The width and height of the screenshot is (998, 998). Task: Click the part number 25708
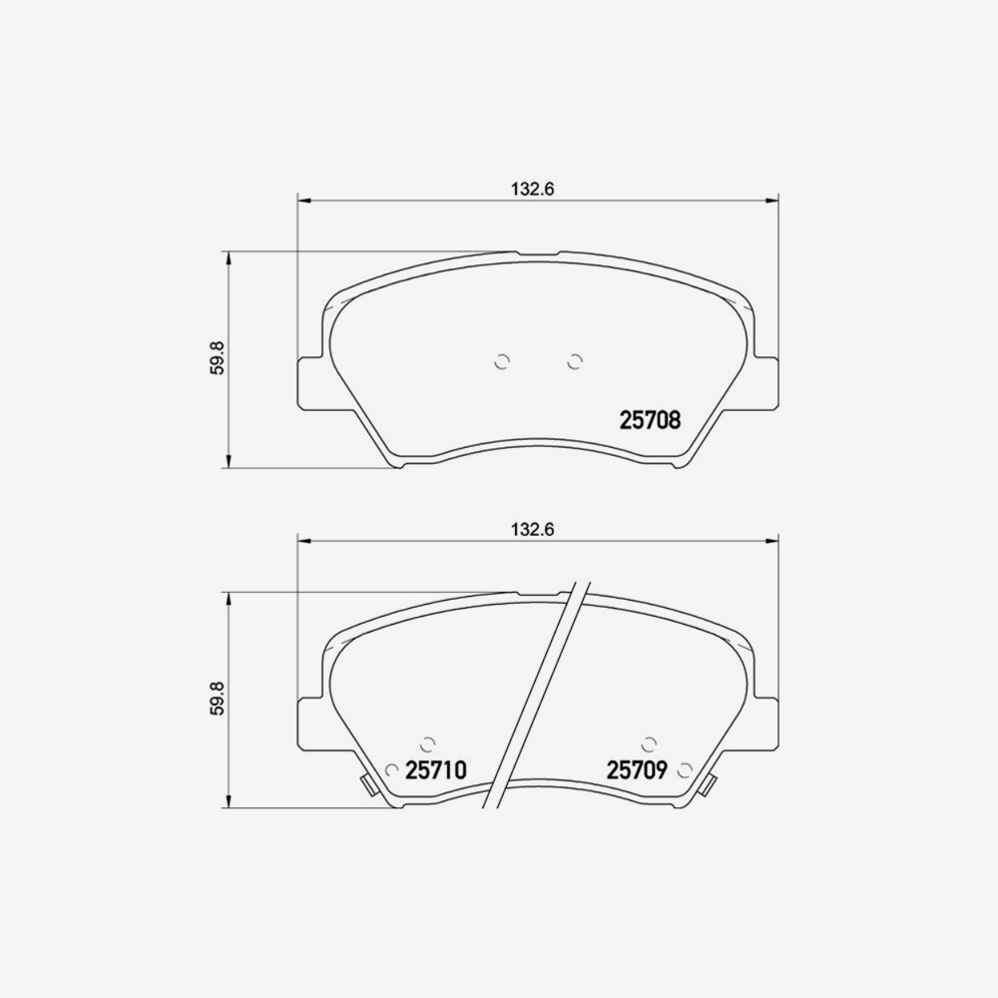pos(650,421)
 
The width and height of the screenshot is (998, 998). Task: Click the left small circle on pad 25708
pos(503,361)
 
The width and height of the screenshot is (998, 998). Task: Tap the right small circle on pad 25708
pos(574,361)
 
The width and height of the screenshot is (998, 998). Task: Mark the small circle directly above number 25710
pos(428,743)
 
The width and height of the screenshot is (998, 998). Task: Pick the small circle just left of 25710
pos(392,769)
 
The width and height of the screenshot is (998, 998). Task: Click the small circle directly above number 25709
pos(650,743)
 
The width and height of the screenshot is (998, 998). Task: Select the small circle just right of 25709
pos(685,769)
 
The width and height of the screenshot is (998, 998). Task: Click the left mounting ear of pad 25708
pos(312,383)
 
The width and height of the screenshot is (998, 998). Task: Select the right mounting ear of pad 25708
pos(764,383)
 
